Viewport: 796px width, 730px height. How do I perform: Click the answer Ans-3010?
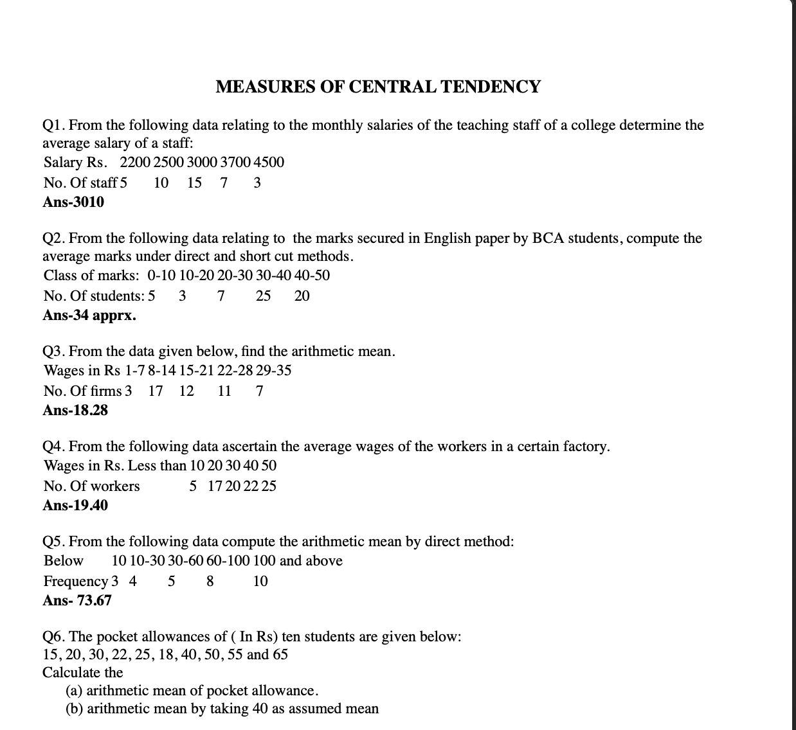[73, 202]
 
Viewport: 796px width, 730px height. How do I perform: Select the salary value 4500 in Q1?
[269, 163]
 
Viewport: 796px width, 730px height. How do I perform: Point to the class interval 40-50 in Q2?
[312, 276]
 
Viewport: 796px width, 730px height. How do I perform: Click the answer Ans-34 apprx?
[89, 316]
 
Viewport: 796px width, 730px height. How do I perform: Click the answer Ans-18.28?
[75, 411]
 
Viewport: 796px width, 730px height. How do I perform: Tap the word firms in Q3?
[106, 391]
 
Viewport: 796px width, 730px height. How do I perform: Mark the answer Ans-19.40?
[75, 506]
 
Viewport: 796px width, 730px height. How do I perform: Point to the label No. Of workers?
[91, 486]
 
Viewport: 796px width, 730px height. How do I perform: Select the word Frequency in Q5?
[75, 582]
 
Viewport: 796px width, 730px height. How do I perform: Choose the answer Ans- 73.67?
[77, 601]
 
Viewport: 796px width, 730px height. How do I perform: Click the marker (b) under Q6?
[74, 709]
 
